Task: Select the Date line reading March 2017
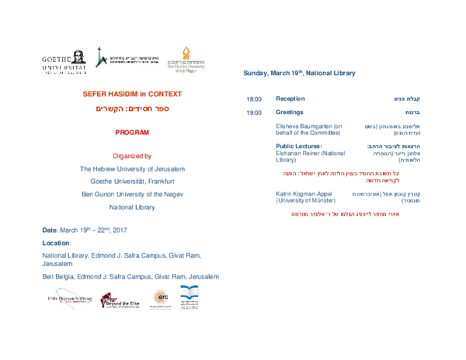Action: click(85, 230)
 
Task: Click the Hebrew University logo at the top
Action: click(126, 58)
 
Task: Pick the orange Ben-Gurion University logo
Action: click(188, 58)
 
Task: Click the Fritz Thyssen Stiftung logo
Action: click(70, 299)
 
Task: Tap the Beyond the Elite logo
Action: click(120, 299)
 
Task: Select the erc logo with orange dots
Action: click(160, 298)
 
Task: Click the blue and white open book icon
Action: click(190, 292)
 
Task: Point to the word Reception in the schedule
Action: click(290, 99)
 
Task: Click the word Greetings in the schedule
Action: click(290, 112)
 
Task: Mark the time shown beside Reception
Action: click(253, 99)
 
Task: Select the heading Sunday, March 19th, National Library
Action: click(299, 73)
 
